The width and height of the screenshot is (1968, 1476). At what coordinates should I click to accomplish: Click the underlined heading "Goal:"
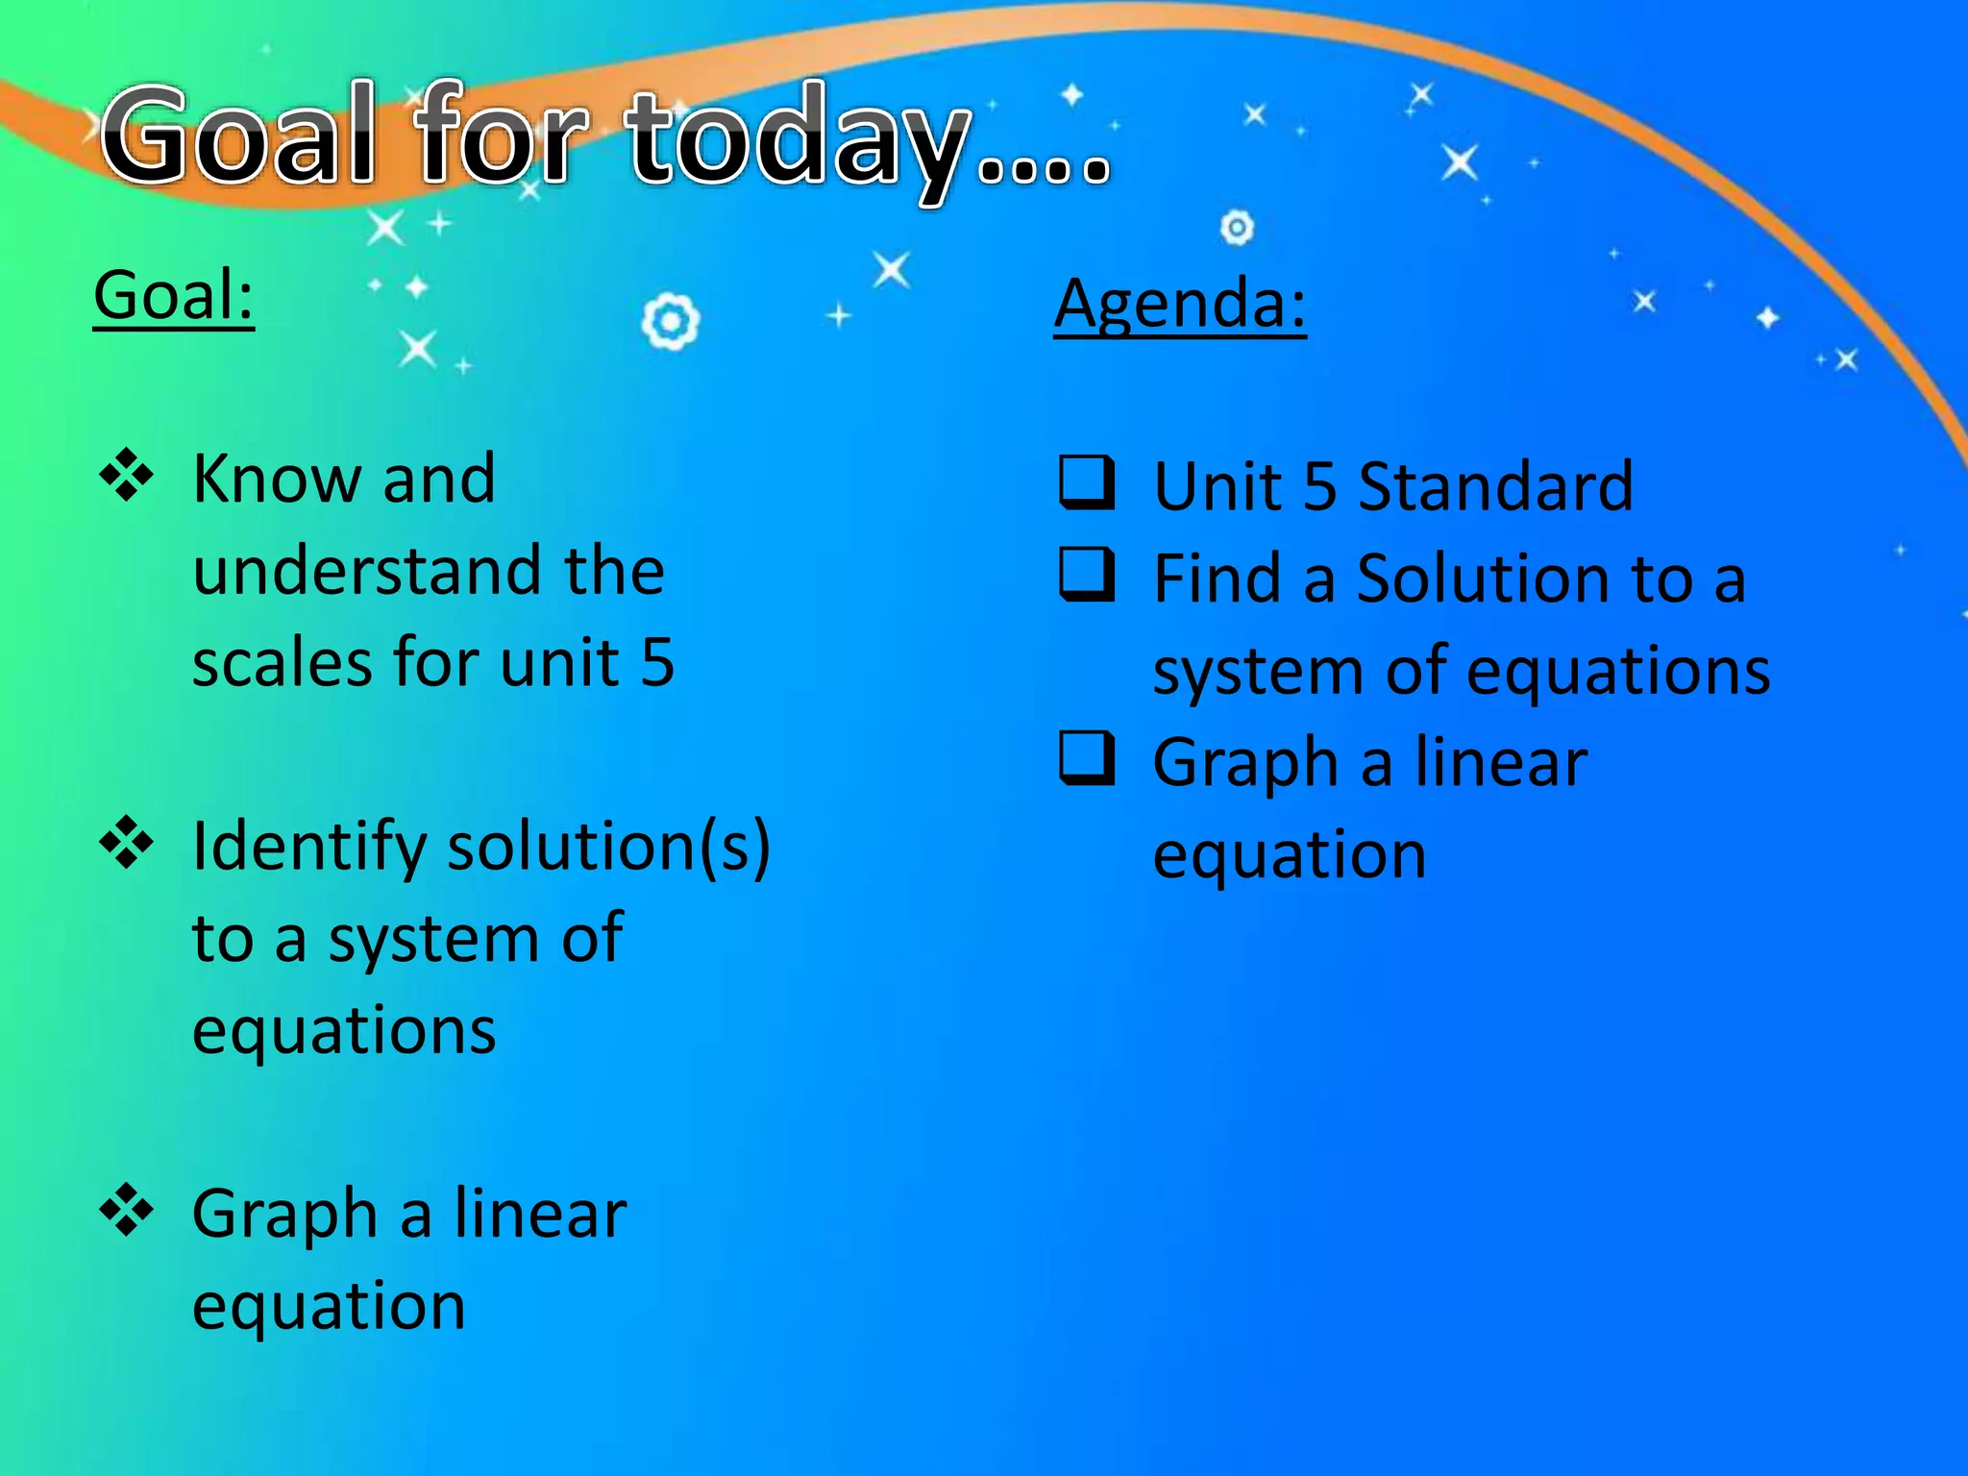point(174,295)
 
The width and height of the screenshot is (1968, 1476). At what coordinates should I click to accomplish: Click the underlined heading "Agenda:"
point(1180,304)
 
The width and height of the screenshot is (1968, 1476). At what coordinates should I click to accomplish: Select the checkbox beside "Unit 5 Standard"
point(1087,482)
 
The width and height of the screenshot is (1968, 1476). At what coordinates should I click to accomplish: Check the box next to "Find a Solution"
point(1087,575)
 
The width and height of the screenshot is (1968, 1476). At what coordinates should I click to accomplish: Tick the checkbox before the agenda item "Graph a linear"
point(1087,759)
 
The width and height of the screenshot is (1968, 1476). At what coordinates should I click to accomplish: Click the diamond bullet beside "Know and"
point(126,477)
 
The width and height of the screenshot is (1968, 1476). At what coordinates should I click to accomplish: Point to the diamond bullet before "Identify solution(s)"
point(126,844)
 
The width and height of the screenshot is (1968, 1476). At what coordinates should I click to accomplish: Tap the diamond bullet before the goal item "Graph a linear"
point(126,1211)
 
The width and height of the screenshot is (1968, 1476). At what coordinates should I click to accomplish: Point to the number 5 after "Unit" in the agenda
point(1319,486)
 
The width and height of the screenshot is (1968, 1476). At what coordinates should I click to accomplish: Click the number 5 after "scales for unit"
point(657,663)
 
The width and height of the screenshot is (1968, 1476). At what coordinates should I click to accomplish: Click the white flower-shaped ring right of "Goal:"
point(670,321)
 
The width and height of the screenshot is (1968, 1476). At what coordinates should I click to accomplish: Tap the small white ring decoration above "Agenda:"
point(1237,228)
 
